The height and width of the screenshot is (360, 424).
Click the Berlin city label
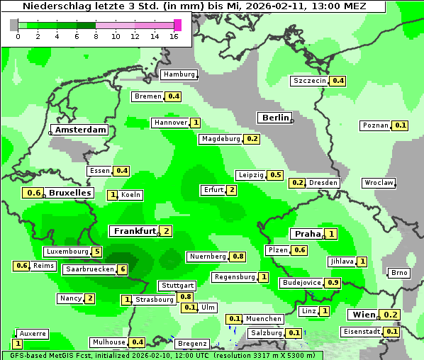pyautogui.click(x=275, y=118)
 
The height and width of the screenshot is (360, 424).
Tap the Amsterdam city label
pyautogui.click(x=80, y=130)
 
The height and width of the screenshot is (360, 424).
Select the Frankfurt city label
pyautogui.click(x=134, y=231)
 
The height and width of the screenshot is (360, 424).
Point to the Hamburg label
pyautogui.click(x=179, y=74)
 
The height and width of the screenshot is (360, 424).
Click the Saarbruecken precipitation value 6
pyautogui.click(x=122, y=269)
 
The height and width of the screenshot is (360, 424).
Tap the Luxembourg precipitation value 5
pyautogui.click(x=97, y=252)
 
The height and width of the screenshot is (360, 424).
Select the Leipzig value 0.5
pyautogui.click(x=276, y=175)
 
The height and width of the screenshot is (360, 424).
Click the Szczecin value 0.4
pyautogui.click(x=338, y=81)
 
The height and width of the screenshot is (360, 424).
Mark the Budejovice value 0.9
pyautogui.click(x=333, y=283)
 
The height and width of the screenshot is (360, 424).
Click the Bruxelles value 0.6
pyautogui.click(x=33, y=193)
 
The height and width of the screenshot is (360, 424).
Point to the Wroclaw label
pyautogui.click(x=379, y=183)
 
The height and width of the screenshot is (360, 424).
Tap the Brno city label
pyautogui.click(x=400, y=274)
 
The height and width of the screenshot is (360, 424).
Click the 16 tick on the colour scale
pyautogui.click(x=174, y=36)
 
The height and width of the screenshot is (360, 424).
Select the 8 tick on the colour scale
pyautogui.click(x=96, y=36)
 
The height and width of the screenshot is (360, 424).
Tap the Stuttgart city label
pyautogui.click(x=177, y=286)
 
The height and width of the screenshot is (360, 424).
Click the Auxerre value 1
pyautogui.click(x=18, y=344)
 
